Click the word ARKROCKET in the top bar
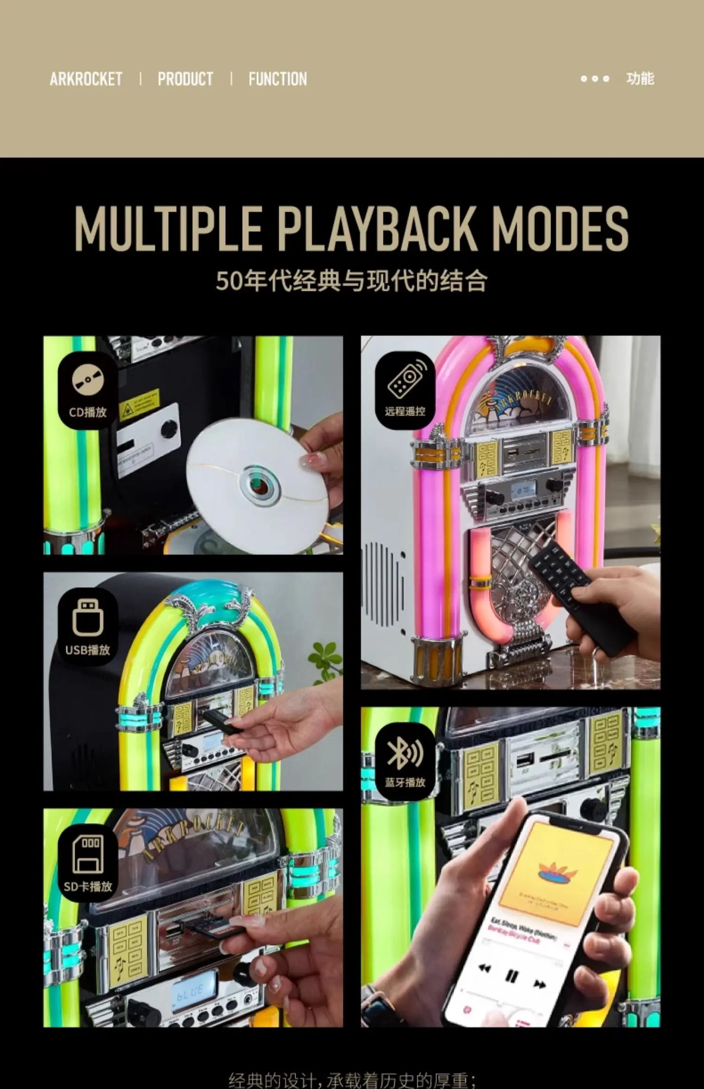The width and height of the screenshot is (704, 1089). pyautogui.click(x=86, y=79)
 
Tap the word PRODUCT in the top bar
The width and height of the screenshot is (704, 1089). pyautogui.click(x=185, y=79)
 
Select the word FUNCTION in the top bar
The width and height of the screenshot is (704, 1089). pyautogui.click(x=278, y=79)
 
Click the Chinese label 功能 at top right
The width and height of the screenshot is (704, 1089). pyautogui.click(x=640, y=78)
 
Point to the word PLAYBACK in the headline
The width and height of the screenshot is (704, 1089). pyautogui.click(x=378, y=229)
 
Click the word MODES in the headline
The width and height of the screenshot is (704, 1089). pyautogui.click(x=560, y=229)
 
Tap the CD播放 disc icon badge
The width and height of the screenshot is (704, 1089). pyautogui.click(x=88, y=390)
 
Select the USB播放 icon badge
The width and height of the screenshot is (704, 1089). pyautogui.click(x=88, y=627)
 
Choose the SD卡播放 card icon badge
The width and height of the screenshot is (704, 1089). pyautogui.click(x=88, y=863)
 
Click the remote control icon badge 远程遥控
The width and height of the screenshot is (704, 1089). pyautogui.click(x=405, y=390)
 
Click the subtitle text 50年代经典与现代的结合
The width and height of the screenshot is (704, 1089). pyautogui.click(x=352, y=281)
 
